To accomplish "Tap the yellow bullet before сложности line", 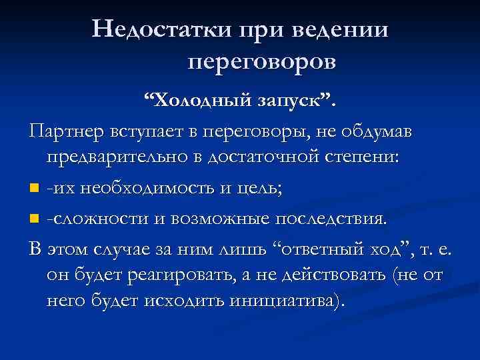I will coord(35,218).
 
